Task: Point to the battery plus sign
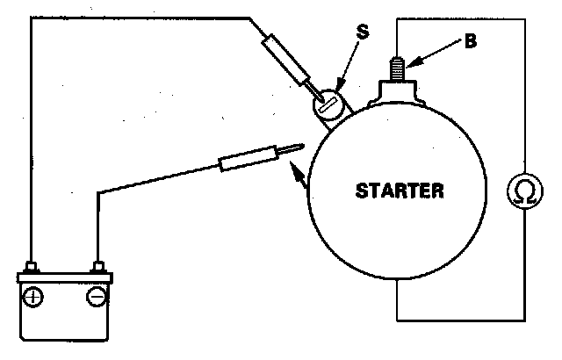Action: pos(33,297)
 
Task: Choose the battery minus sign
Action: pos(97,297)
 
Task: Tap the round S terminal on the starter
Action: pos(327,105)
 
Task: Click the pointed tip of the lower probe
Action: pos(301,147)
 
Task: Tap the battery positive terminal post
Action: pos(32,267)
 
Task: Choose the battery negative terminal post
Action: pos(97,267)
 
